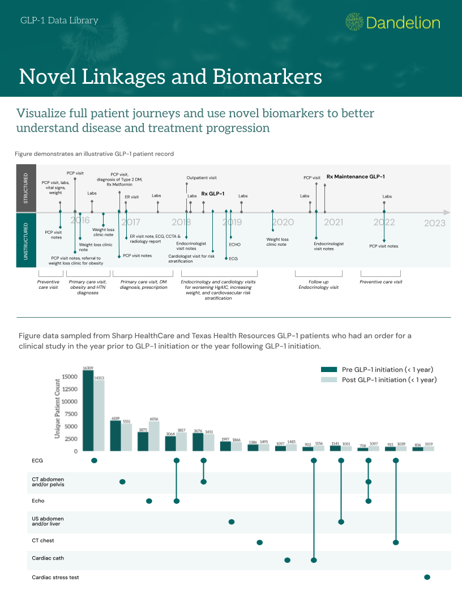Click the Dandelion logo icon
(x=354, y=22)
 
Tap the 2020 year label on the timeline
(x=283, y=223)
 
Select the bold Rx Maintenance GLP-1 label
(x=356, y=177)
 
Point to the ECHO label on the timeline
(x=234, y=245)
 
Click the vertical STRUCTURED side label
(x=25, y=189)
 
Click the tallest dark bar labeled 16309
(x=88, y=411)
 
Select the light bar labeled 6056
(x=154, y=436)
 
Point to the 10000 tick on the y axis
(x=70, y=401)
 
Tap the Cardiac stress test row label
(x=55, y=578)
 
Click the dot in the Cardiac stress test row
(x=427, y=577)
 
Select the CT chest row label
(x=43, y=541)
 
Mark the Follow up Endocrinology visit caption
(x=318, y=284)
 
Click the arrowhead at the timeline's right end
(x=447, y=212)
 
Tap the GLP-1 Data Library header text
(x=59, y=21)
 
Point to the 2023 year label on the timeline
(x=435, y=223)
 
